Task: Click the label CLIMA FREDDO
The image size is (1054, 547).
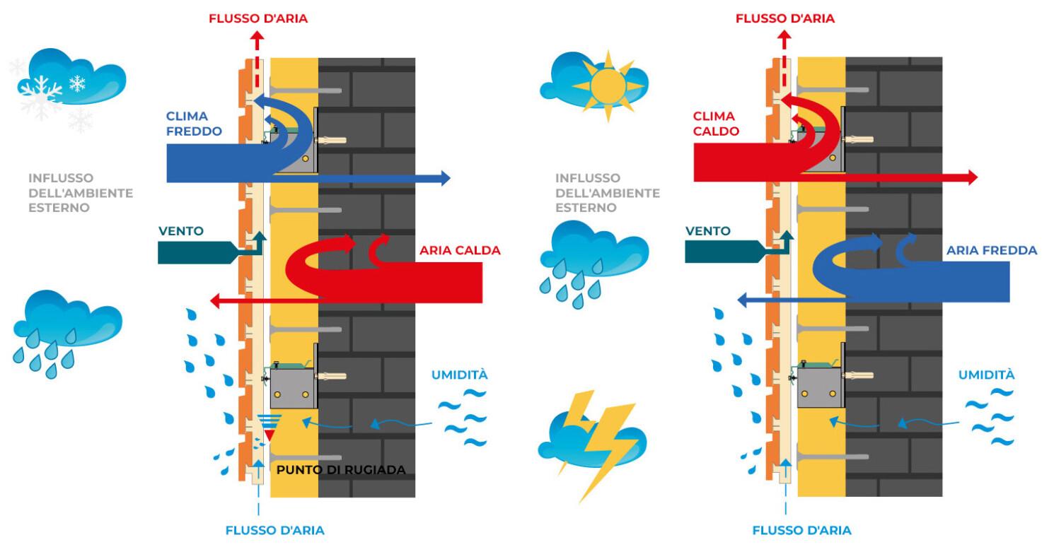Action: click(x=194, y=124)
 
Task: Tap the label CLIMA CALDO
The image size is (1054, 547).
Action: click(x=716, y=124)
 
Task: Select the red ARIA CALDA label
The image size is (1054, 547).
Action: click(x=460, y=250)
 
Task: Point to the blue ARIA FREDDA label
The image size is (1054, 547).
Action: click(x=992, y=250)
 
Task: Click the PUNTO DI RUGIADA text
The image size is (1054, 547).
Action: click(x=341, y=470)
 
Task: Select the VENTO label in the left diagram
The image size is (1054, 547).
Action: click(x=181, y=231)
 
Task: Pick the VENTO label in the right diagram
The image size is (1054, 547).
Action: click(x=708, y=231)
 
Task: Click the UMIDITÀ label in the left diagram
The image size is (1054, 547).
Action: click(x=460, y=375)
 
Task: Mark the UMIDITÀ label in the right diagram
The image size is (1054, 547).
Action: click(x=987, y=375)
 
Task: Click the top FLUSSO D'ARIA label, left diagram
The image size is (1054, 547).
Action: click(x=258, y=18)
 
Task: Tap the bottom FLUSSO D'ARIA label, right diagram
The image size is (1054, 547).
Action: click(x=801, y=530)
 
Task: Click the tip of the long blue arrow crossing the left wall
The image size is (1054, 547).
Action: click(x=446, y=178)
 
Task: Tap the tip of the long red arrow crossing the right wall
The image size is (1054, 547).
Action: click(x=973, y=178)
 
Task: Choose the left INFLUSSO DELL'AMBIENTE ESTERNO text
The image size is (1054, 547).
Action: click(x=80, y=193)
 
